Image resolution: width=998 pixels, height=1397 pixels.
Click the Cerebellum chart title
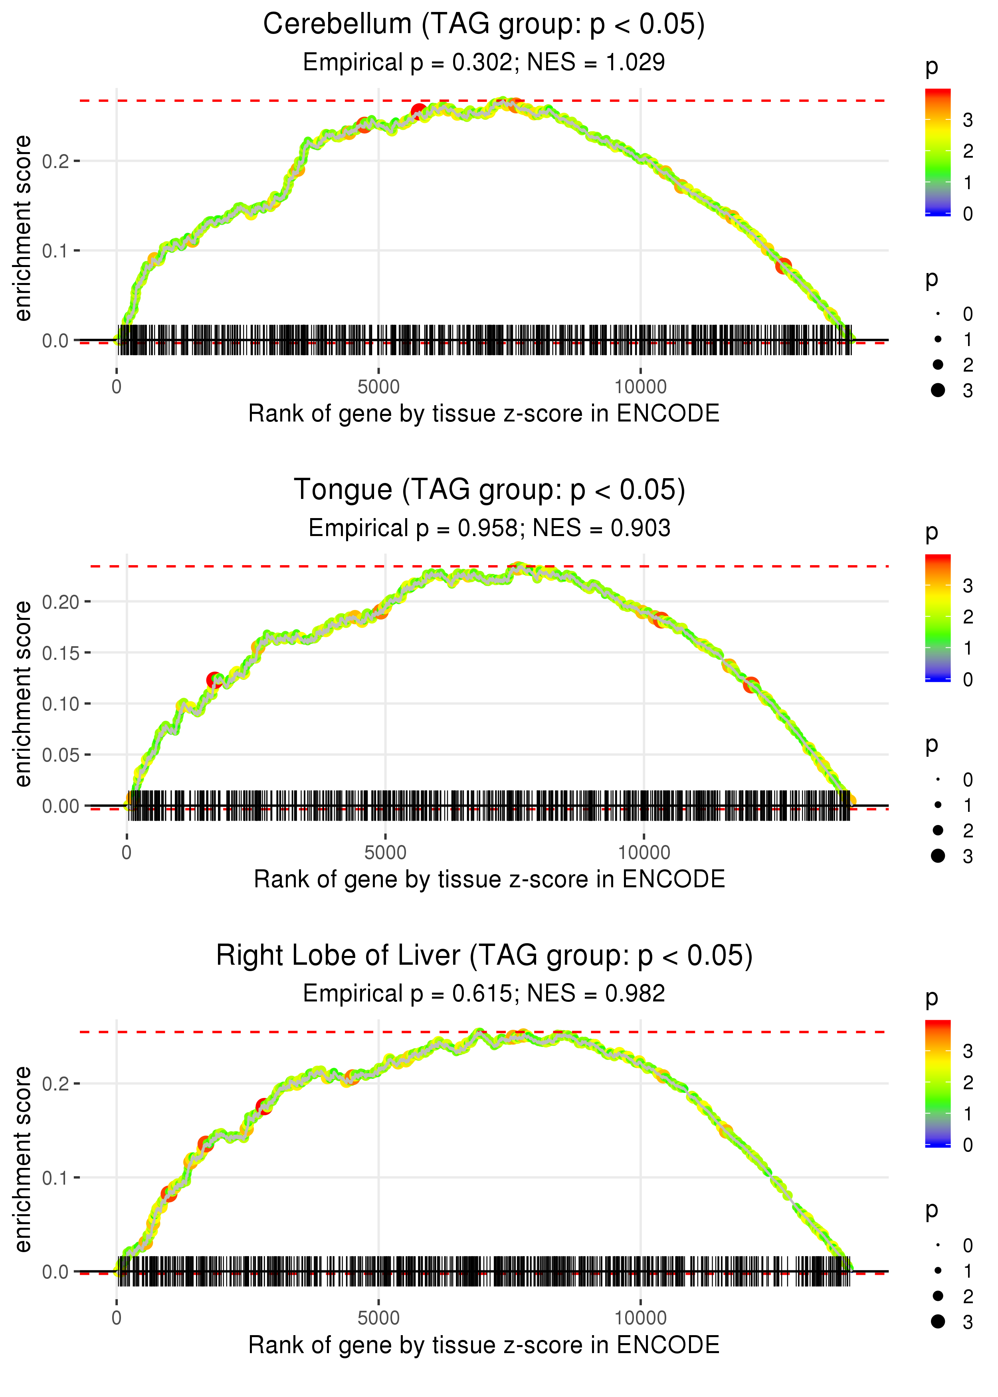click(x=484, y=25)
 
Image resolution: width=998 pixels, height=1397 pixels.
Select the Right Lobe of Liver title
click(x=484, y=956)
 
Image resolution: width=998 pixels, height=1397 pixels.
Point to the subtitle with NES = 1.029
click(x=484, y=63)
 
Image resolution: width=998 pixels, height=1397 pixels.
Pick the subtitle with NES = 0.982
click(x=484, y=994)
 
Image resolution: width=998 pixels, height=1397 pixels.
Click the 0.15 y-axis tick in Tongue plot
click(x=61, y=653)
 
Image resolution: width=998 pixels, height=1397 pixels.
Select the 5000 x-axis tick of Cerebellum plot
click(x=378, y=387)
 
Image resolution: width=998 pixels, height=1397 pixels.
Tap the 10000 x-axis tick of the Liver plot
click(x=640, y=1318)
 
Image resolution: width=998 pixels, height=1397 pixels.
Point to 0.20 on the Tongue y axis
click(x=61, y=602)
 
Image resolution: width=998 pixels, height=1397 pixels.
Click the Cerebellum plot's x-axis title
click(x=484, y=414)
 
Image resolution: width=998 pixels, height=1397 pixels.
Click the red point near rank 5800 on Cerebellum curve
click(x=418, y=112)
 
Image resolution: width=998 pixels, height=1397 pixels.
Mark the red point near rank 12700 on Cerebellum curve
click(x=783, y=266)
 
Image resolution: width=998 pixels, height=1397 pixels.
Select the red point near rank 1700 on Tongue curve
click(x=214, y=680)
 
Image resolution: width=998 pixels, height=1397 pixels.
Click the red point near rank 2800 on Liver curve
click(x=263, y=1106)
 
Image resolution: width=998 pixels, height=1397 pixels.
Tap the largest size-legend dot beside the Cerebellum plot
click(x=938, y=390)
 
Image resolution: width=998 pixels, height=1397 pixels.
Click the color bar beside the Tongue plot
click(x=938, y=617)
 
